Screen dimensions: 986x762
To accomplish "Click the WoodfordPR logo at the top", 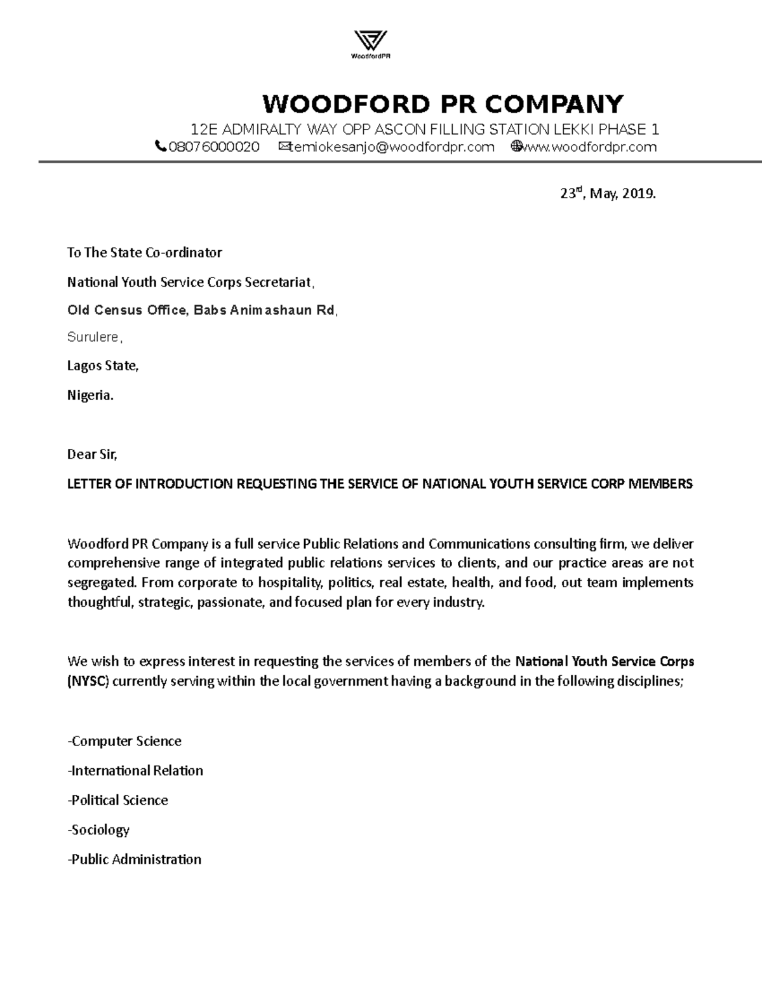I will click(370, 44).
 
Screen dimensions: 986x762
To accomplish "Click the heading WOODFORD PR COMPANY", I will click(443, 103).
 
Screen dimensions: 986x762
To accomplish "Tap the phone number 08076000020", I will click(214, 147).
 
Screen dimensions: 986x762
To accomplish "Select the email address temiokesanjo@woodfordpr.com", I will click(391, 147).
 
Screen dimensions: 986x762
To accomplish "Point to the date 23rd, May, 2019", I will click(607, 194).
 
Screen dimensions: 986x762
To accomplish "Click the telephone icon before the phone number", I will click(161, 147).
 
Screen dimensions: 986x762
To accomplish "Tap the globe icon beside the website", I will click(516, 147).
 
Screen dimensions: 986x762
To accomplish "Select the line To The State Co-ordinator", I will click(145, 253).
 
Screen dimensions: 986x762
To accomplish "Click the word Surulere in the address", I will click(93, 337).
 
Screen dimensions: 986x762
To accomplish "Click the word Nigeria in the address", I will click(90, 395).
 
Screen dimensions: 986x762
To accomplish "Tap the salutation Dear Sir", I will click(93, 454).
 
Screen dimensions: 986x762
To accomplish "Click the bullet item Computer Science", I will click(125, 741).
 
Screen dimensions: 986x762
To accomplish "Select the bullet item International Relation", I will click(136, 771).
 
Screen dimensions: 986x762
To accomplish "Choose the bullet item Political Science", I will click(118, 800).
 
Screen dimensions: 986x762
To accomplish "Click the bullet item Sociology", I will click(99, 830).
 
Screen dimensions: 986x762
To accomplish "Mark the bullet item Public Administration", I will click(135, 859).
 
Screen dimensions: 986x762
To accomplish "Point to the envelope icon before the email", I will click(283, 147).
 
